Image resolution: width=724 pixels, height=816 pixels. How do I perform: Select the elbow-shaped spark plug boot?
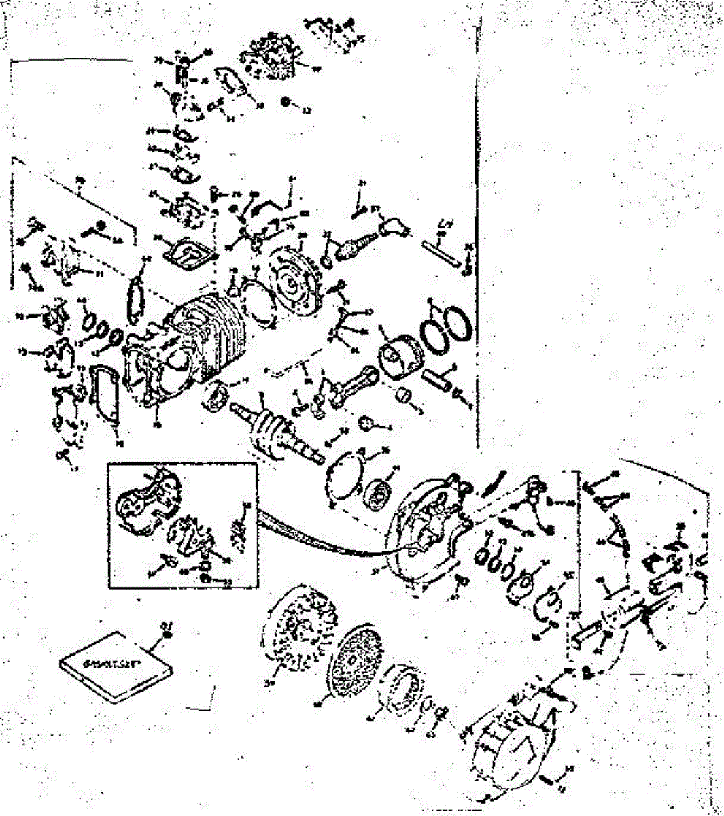(392, 225)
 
